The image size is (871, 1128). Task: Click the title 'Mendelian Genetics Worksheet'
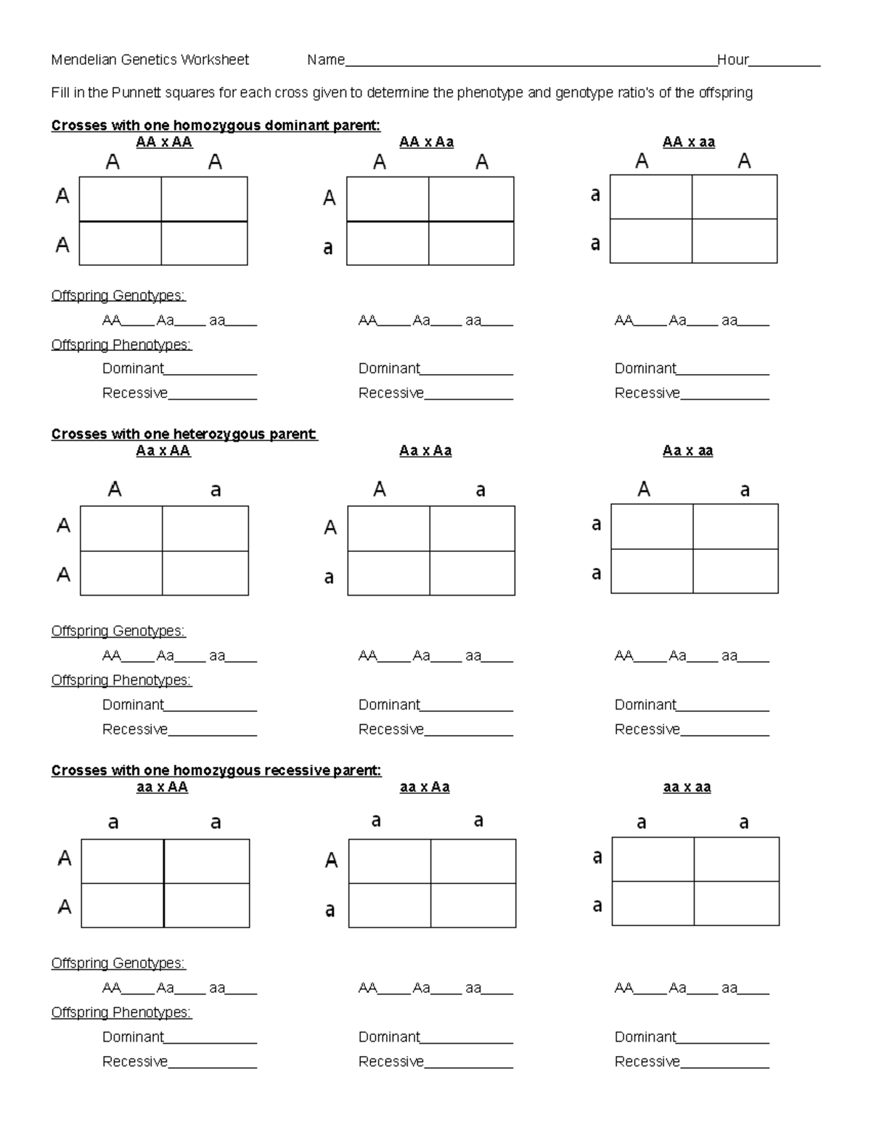pos(150,60)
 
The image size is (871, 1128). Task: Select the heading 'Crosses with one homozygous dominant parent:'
pos(216,126)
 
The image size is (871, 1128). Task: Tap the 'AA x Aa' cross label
pos(426,142)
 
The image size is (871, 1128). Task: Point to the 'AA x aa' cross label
pos(688,142)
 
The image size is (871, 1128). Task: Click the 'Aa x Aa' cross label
pos(425,451)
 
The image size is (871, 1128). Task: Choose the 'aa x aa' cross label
pos(687,787)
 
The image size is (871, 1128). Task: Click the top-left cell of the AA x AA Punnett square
pos(120,198)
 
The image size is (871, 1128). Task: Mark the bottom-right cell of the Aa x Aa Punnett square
pos(472,573)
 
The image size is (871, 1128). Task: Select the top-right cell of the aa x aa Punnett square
pos(736,859)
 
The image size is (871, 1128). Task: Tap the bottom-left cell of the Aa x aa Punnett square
pos(652,571)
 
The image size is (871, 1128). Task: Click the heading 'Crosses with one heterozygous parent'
pos(184,434)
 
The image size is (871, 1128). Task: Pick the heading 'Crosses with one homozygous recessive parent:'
pos(216,771)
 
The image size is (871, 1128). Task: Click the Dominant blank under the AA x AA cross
pos(210,369)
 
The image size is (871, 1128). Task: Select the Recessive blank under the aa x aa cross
pos(724,1062)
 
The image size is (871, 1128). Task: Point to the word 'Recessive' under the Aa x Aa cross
pos(390,729)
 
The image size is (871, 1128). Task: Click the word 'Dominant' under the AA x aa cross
pos(645,369)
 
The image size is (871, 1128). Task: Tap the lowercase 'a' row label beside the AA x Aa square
pos(328,248)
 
